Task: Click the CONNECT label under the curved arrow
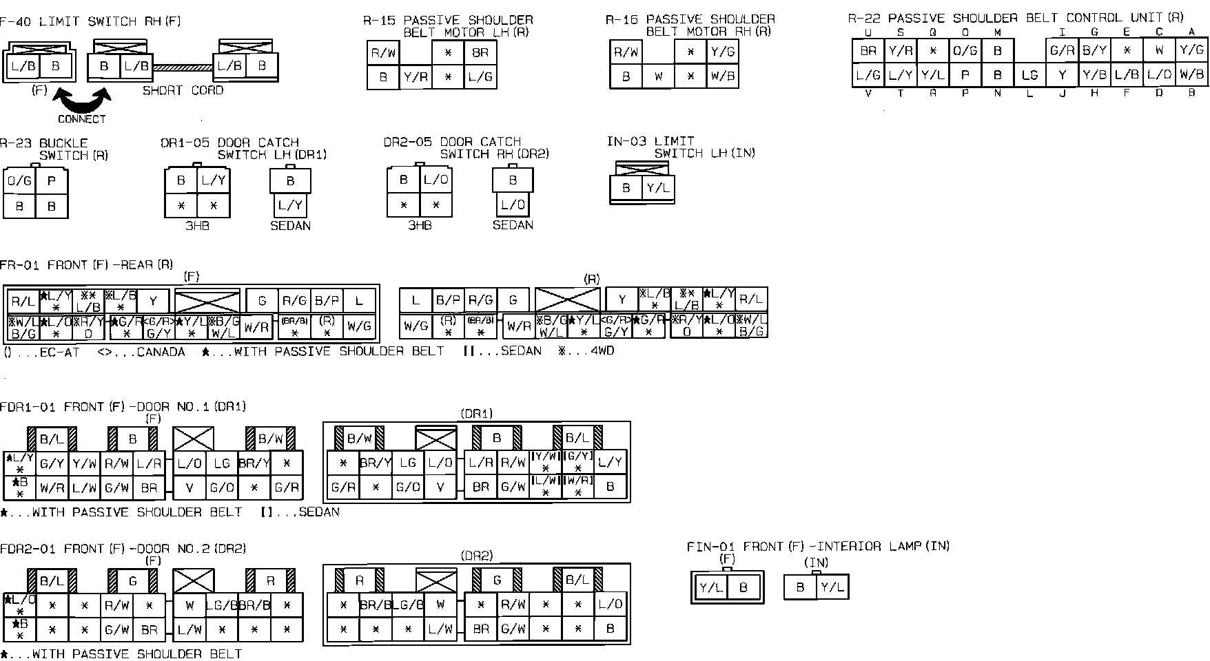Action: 82,119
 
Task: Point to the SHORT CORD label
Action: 183,90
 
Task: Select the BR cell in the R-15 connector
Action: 480,52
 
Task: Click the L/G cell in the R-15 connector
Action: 480,78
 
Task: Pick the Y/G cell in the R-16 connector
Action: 722,52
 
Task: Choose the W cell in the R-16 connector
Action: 658,77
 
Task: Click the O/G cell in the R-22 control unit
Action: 965,50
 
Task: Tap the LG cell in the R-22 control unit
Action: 1029,76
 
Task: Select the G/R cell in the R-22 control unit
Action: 1062,50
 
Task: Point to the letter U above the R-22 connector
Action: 868,32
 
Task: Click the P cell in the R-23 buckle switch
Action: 52,181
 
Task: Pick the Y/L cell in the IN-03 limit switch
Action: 658,188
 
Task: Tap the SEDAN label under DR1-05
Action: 290,225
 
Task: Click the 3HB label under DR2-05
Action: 420,225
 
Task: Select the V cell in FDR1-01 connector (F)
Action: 189,487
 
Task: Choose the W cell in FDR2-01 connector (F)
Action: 189,606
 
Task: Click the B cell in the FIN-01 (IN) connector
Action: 800,587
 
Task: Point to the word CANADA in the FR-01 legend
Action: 161,352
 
